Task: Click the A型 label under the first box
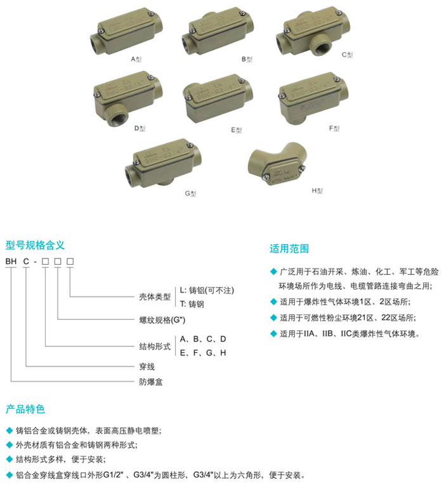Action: tap(136, 59)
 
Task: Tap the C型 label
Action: tap(347, 55)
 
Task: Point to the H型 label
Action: tap(317, 190)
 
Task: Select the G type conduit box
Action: tap(163, 163)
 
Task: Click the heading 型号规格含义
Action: tap(35, 245)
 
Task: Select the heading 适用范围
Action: tap(289, 248)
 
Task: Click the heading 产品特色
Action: tap(25, 409)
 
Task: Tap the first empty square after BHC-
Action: tap(46, 262)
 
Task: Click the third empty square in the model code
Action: tap(70, 262)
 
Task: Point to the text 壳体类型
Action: tap(155, 297)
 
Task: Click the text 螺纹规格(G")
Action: tap(162, 320)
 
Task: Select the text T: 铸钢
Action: tap(192, 304)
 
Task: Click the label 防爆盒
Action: tap(151, 382)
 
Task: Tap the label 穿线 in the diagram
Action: tap(147, 366)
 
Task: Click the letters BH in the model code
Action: tap(11, 262)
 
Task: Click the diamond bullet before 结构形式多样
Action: tap(10, 460)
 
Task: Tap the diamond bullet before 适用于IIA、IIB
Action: tap(273, 333)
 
